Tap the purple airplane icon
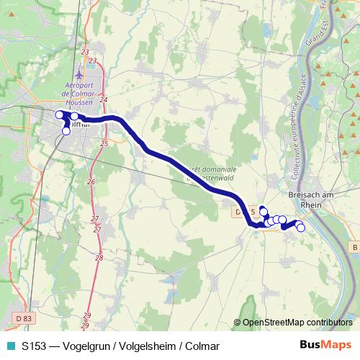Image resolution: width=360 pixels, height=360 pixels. (x=81, y=75)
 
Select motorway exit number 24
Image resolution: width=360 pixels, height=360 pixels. (x=104, y=99)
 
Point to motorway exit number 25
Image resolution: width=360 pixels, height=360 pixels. (x=104, y=144)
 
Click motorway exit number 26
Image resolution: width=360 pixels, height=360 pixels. (x=90, y=182)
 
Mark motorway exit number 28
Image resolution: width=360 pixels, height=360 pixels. (x=99, y=257)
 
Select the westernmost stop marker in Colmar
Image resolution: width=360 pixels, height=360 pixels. (x=60, y=114)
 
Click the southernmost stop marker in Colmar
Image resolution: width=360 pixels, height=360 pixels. (x=66, y=131)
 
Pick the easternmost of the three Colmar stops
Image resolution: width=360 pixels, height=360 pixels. (x=74, y=117)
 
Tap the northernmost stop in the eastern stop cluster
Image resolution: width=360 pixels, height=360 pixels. (x=263, y=210)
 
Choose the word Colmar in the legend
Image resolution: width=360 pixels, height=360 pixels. (x=202, y=346)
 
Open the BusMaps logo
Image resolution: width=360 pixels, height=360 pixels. (x=325, y=345)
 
